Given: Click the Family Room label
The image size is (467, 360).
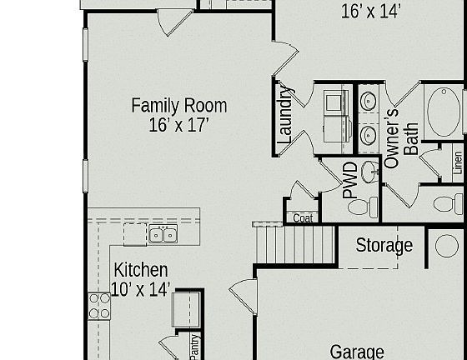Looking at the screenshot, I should (178, 106).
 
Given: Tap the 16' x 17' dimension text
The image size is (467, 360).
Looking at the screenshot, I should (178, 125).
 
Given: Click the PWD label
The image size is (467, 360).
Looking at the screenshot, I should (350, 180).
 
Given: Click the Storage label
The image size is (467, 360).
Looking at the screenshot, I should (384, 246).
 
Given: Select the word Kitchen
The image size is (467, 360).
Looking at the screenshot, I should (141, 270).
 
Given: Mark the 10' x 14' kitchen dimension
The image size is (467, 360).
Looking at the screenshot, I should (141, 289).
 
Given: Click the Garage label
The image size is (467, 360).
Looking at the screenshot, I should (357, 352).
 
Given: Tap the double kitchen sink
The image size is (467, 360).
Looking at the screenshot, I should (163, 235).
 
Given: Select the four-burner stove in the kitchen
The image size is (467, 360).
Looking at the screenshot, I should (99, 306).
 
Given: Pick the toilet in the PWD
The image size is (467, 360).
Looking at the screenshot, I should (361, 207).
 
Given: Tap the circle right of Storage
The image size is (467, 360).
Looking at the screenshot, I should (447, 246).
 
